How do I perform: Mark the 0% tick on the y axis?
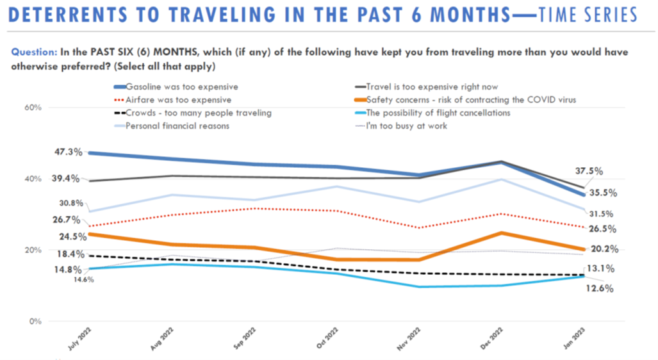[35, 322]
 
